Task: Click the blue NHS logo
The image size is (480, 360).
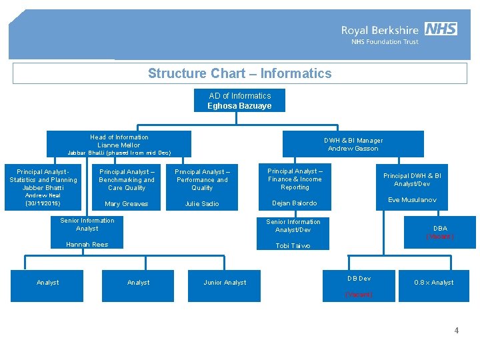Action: (x=441, y=29)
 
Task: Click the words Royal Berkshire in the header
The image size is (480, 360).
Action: (x=380, y=30)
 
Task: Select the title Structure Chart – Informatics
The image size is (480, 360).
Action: (x=239, y=73)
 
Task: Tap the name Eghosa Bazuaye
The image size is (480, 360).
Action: (x=239, y=106)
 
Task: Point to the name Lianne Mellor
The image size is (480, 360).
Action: (x=119, y=145)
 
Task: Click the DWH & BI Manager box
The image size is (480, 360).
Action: (x=353, y=144)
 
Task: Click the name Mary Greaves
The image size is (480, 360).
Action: (x=127, y=204)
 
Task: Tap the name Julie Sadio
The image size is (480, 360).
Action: (x=202, y=204)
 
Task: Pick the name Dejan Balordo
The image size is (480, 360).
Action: (x=294, y=203)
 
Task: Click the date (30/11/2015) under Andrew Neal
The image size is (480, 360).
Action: (x=43, y=203)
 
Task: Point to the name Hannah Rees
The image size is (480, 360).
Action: (x=87, y=245)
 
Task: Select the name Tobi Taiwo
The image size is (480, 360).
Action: (x=293, y=246)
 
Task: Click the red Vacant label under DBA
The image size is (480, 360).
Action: (x=440, y=237)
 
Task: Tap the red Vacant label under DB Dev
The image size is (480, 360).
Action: (x=359, y=294)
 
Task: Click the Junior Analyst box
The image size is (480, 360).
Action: (x=225, y=283)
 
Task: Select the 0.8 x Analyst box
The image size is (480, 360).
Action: (x=433, y=283)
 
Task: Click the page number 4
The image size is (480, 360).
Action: (x=457, y=331)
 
